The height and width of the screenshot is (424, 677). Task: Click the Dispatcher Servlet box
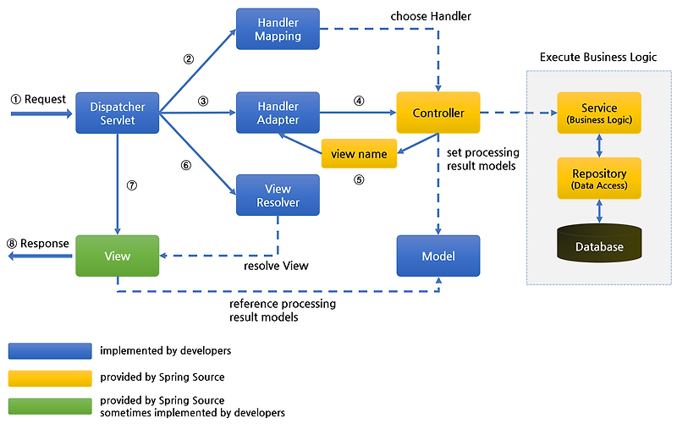pyautogui.click(x=118, y=113)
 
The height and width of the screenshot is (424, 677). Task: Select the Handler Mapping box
pyautogui.click(x=278, y=29)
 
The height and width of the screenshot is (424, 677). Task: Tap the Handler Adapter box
pyautogui.click(x=278, y=113)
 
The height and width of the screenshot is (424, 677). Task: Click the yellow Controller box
pyautogui.click(x=438, y=113)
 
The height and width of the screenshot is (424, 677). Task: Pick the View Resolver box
pyautogui.click(x=278, y=195)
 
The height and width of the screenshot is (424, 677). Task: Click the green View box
pyautogui.click(x=118, y=256)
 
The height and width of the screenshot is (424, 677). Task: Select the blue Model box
pyautogui.click(x=438, y=256)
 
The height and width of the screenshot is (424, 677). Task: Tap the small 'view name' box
pyautogui.click(x=359, y=154)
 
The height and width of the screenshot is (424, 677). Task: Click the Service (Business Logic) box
pyautogui.click(x=599, y=113)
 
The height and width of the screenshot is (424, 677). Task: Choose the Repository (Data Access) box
pyautogui.click(x=599, y=179)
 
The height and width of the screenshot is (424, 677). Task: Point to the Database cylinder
pyautogui.click(x=599, y=243)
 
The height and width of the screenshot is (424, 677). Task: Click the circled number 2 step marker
pyautogui.click(x=188, y=59)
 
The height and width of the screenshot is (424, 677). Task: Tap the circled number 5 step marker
pyautogui.click(x=359, y=179)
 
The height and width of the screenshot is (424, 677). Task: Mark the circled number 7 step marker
pyautogui.click(x=132, y=185)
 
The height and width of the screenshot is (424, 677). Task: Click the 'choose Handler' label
pyautogui.click(x=431, y=16)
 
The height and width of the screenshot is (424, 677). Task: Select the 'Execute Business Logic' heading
pyautogui.click(x=598, y=57)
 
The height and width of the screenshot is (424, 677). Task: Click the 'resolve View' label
pyautogui.click(x=276, y=266)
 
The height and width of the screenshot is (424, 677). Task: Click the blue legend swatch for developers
pyautogui.click(x=50, y=351)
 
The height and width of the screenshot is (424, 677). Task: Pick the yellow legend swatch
pyautogui.click(x=50, y=378)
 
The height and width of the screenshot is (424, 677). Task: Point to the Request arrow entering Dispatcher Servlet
pyautogui.click(x=41, y=114)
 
